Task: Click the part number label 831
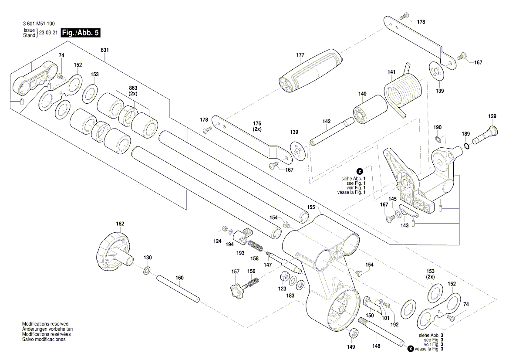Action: point(105,50)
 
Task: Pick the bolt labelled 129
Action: point(485,134)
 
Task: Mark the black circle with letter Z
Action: point(360,171)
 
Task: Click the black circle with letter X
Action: point(410,349)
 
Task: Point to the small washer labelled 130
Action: point(147,272)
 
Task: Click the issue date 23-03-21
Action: point(48,33)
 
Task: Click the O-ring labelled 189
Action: point(466,146)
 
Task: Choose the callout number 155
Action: point(311,207)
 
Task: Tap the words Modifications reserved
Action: point(45,324)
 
